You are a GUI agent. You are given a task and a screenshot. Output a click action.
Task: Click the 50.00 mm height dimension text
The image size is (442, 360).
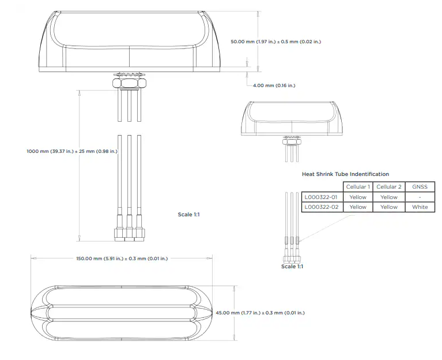click(x=275, y=42)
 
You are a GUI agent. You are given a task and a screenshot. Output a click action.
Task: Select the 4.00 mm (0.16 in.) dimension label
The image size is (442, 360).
click(x=274, y=85)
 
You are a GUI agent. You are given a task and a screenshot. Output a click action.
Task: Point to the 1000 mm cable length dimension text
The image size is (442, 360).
click(x=72, y=151)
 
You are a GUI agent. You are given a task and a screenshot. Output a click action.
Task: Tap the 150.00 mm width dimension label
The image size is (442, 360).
click(x=122, y=258)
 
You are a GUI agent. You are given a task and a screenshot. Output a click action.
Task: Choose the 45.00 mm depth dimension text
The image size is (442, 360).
click(x=260, y=313)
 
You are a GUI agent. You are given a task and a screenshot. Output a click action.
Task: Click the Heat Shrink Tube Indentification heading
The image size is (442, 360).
click(x=345, y=174)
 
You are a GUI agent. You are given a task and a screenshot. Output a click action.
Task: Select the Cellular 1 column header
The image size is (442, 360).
click(x=358, y=187)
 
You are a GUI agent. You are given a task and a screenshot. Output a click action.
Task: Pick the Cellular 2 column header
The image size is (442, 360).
click(x=389, y=187)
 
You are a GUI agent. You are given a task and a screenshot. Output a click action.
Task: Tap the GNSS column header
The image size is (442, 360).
click(x=420, y=187)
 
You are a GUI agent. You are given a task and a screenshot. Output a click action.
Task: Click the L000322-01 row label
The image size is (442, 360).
click(x=321, y=197)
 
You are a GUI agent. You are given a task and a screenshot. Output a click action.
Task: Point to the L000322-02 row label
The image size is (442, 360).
click(x=322, y=207)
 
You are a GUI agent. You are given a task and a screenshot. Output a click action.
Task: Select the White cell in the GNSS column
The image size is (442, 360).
click(x=420, y=207)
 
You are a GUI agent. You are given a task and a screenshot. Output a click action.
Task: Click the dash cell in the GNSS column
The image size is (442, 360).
click(x=420, y=197)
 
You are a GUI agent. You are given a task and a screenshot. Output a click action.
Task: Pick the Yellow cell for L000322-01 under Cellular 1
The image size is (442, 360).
click(x=358, y=197)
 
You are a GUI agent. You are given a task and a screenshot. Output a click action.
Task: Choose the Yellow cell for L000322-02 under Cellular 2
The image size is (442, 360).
click(x=389, y=207)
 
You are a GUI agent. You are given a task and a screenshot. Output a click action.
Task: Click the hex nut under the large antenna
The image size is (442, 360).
click(x=130, y=83)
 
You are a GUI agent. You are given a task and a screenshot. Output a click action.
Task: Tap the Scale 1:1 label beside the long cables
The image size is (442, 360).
click(x=188, y=215)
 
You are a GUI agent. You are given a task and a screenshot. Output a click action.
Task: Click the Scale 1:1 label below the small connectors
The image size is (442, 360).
click(x=292, y=267)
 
